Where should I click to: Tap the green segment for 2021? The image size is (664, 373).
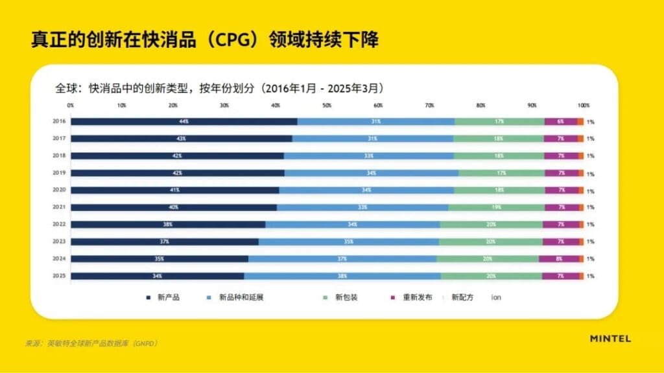pyautogui.click(x=496, y=207)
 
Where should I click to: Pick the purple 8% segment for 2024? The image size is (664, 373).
pyautogui.click(x=559, y=258)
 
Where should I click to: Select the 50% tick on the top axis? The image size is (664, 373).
pyautogui.click(x=327, y=105)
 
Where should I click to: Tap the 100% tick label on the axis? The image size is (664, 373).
pyautogui.click(x=584, y=105)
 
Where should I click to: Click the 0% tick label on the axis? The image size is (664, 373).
pyautogui.click(x=71, y=105)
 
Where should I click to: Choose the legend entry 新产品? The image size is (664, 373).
pyautogui.click(x=168, y=298)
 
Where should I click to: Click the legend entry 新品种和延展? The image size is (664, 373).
pyautogui.click(x=241, y=298)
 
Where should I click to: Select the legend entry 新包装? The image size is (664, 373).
pyautogui.click(x=346, y=298)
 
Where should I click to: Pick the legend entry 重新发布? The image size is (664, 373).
pyautogui.click(x=416, y=298)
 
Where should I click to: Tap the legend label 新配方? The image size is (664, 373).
pyautogui.click(x=462, y=298)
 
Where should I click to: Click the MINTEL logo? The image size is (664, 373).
pyautogui.click(x=610, y=338)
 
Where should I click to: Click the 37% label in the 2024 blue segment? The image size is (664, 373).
pyautogui.click(x=342, y=258)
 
